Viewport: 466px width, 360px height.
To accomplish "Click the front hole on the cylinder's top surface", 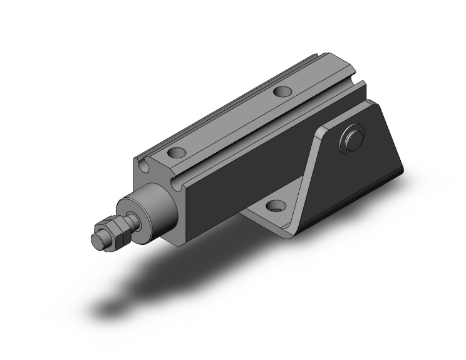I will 177,152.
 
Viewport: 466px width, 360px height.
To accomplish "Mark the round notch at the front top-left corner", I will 144,165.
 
